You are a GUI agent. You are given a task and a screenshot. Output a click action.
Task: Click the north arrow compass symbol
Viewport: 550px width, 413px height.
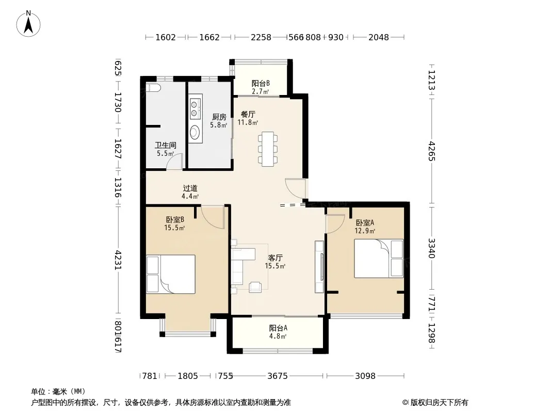pos(28,23)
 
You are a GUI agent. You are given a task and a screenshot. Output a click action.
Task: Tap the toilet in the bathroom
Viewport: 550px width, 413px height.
pos(153,88)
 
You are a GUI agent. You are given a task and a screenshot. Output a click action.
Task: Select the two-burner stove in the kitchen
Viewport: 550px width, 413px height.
pos(195,108)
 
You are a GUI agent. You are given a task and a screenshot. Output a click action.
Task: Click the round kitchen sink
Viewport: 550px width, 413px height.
pos(195,132)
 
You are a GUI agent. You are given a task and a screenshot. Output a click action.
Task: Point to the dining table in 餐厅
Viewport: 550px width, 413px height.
pos(268,149)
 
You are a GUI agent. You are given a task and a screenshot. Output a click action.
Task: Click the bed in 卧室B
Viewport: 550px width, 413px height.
pos(170,274)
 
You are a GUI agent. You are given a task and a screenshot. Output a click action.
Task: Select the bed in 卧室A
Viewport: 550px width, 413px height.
pos(379,258)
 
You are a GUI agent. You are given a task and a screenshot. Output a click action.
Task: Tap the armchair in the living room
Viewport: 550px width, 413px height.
pos(255,287)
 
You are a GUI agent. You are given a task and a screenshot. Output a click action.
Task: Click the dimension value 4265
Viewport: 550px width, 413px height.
pos(432,151)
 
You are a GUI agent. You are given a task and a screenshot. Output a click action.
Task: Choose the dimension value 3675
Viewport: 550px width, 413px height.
pos(278,376)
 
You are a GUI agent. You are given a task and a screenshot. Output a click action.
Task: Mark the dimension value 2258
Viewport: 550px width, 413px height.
pos(261,37)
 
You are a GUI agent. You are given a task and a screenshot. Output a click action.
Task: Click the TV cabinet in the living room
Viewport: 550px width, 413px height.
pos(319,267)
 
